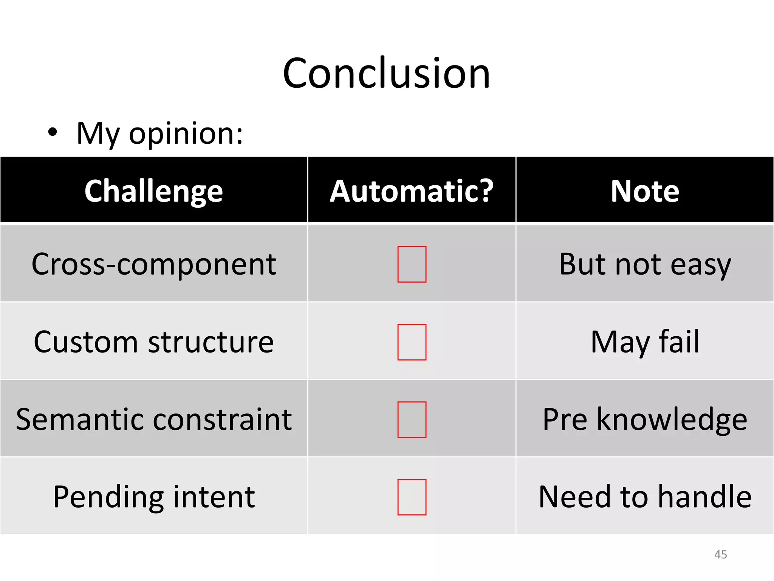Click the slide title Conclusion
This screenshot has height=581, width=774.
[x=386, y=73]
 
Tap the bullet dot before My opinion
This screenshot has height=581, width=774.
[x=53, y=132]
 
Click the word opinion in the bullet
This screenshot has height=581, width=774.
[x=186, y=134]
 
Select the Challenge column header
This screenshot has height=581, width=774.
[x=153, y=191]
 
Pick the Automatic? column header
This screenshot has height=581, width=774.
[x=412, y=191]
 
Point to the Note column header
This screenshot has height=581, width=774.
[x=645, y=191]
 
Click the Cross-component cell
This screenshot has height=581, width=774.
[x=153, y=264]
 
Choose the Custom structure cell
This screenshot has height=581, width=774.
[x=153, y=342]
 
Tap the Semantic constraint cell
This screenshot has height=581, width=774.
[x=153, y=419]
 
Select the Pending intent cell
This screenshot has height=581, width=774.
[x=153, y=497]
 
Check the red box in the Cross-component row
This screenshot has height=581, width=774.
[x=412, y=264]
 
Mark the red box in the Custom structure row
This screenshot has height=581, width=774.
[x=412, y=342]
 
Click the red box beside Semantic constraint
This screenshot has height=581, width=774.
[x=412, y=419]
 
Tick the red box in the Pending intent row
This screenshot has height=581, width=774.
[x=412, y=497]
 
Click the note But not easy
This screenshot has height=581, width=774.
[x=645, y=264]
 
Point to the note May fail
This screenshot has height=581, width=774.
[x=645, y=342]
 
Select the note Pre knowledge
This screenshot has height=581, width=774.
[x=645, y=419]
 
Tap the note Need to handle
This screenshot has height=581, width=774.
[x=645, y=497]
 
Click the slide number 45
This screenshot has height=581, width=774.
[x=720, y=555]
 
